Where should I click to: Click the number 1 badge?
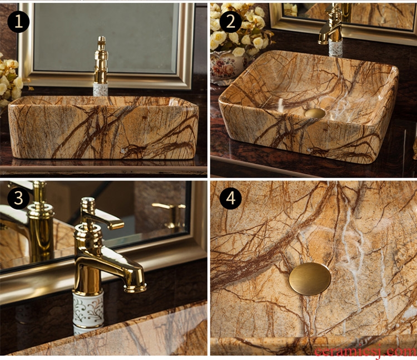18,21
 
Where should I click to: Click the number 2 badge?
230,21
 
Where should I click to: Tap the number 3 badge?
18,198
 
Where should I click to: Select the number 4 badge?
230,198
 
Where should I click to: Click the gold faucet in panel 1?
101,60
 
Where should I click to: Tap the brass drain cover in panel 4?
310,279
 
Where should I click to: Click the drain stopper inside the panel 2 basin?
315,113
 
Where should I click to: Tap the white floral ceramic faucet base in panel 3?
88,311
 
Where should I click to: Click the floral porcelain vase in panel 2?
227,68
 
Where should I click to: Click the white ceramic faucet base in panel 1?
101,89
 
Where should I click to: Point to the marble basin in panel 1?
103,128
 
